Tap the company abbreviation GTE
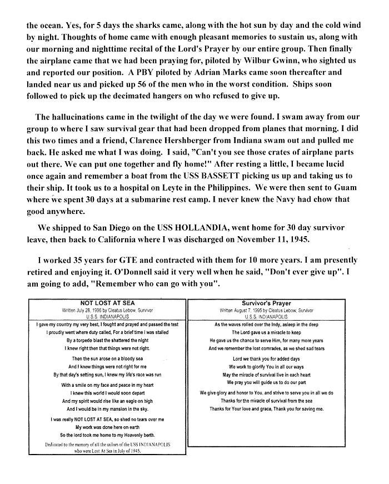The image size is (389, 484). tap(120, 260)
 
